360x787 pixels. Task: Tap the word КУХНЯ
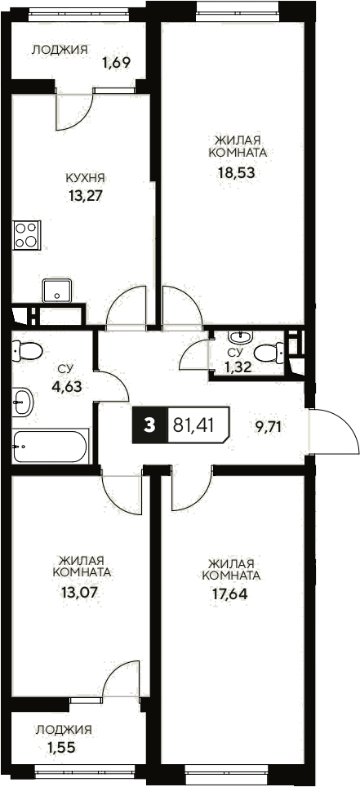(x=86, y=177)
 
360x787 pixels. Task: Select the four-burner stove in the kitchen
(x=27, y=234)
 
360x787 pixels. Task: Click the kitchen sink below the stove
(x=58, y=290)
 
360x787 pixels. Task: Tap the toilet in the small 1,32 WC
(x=267, y=353)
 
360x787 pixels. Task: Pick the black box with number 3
(x=149, y=425)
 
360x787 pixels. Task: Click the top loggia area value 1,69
(x=117, y=61)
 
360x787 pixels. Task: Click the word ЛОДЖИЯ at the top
(x=60, y=50)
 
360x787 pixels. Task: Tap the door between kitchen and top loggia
(x=73, y=110)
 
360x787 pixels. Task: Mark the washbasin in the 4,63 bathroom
(x=23, y=401)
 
